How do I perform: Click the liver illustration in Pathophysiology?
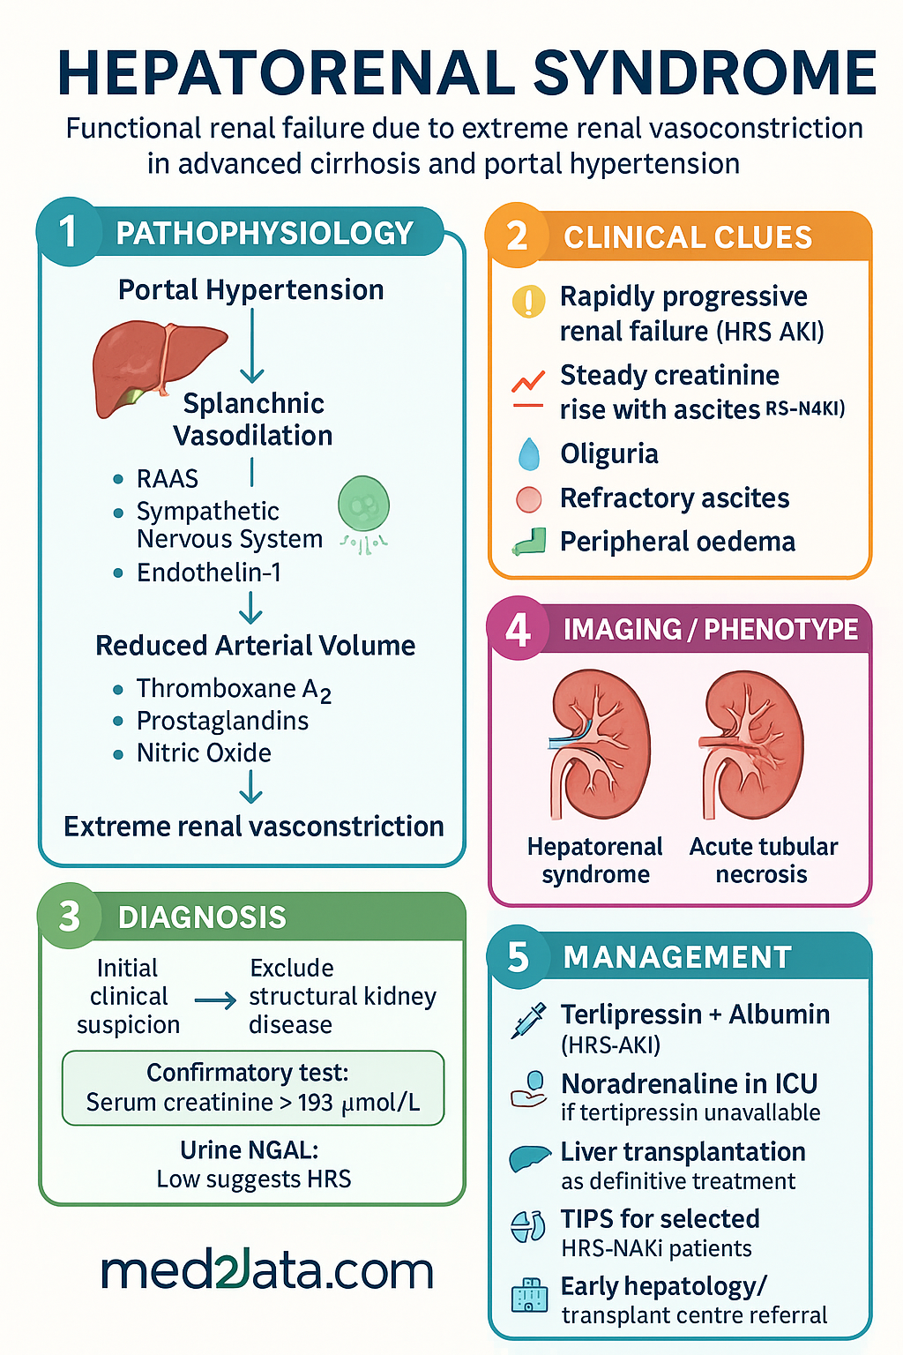[x=159, y=367]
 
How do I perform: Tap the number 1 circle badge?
[x=69, y=232]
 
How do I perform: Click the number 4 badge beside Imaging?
[x=518, y=630]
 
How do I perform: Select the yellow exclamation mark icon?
[x=528, y=301]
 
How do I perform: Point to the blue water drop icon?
[x=529, y=453]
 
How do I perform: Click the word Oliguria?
[x=609, y=453]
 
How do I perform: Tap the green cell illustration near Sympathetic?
[x=363, y=513]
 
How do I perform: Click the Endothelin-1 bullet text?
[x=209, y=573]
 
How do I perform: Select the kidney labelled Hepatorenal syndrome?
[x=599, y=744]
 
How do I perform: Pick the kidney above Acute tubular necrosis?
[x=751, y=744]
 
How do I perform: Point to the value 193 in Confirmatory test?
[x=315, y=1102]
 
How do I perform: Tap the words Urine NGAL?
[x=250, y=1149]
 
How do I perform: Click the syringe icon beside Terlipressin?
[x=528, y=1021]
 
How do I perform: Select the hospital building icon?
[x=529, y=1294]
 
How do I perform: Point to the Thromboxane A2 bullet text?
[x=234, y=689]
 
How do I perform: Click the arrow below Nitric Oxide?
[x=251, y=786]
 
